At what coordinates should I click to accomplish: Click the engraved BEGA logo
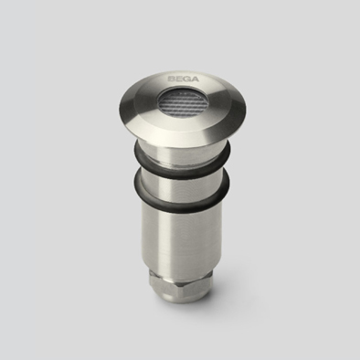point(184,79)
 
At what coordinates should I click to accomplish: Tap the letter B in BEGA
point(172,79)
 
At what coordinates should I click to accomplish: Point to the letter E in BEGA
point(179,79)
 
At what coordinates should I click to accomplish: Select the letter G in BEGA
point(187,79)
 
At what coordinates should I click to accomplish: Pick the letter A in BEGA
point(196,79)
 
